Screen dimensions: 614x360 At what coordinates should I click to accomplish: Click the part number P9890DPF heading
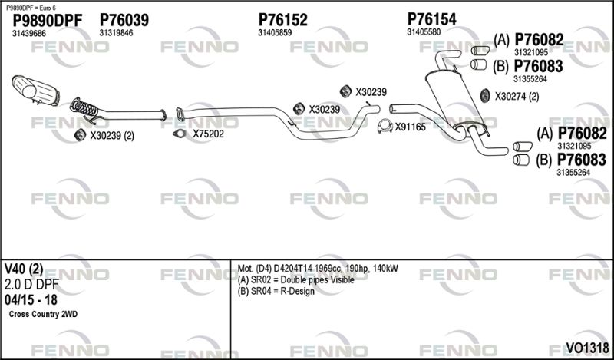[x=48, y=21]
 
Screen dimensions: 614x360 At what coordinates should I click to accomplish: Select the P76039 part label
[x=124, y=20]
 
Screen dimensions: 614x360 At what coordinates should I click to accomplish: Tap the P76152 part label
[x=282, y=20]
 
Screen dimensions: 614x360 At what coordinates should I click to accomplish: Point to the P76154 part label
[x=431, y=18]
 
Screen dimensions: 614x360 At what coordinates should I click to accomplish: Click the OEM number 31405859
[x=275, y=33]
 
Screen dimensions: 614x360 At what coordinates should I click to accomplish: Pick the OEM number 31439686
[x=29, y=34]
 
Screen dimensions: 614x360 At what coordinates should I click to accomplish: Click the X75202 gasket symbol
[x=180, y=134]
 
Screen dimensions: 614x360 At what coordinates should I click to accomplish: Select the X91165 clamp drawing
[x=385, y=126]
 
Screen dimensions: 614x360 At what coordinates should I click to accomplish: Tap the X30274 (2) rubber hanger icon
[x=485, y=96]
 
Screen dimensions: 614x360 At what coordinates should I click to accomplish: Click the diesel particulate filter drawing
[x=35, y=91]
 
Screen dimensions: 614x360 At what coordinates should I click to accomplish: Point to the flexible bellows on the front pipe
[x=84, y=107]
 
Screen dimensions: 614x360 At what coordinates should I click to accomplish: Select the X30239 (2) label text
[x=112, y=136]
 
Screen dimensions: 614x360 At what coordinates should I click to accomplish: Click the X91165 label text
[x=410, y=127]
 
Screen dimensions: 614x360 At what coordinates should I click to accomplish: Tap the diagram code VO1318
[x=587, y=348]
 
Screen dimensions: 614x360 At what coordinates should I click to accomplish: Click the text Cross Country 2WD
[x=43, y=314]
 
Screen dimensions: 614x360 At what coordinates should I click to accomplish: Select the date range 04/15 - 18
[x=31, y=300]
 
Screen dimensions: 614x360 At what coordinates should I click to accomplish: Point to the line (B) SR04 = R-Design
[x=276, y=292]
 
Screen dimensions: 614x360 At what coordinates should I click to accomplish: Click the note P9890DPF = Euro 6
[x=31, y=8]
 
